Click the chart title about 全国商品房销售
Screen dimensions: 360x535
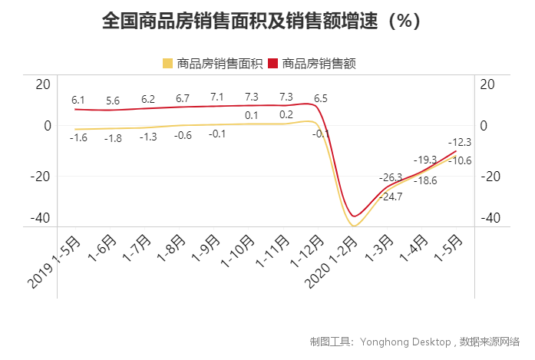point(263,21)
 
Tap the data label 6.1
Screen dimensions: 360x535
point(78,100)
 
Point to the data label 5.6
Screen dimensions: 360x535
point(113,101)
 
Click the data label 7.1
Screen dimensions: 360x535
point(216,97)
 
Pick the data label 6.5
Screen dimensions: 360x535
point(321,98)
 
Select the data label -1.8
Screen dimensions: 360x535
point(113,138)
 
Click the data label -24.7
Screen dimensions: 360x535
point(391,197)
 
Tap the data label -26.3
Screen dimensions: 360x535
point(391,177)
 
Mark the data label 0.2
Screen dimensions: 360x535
point(286,115)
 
